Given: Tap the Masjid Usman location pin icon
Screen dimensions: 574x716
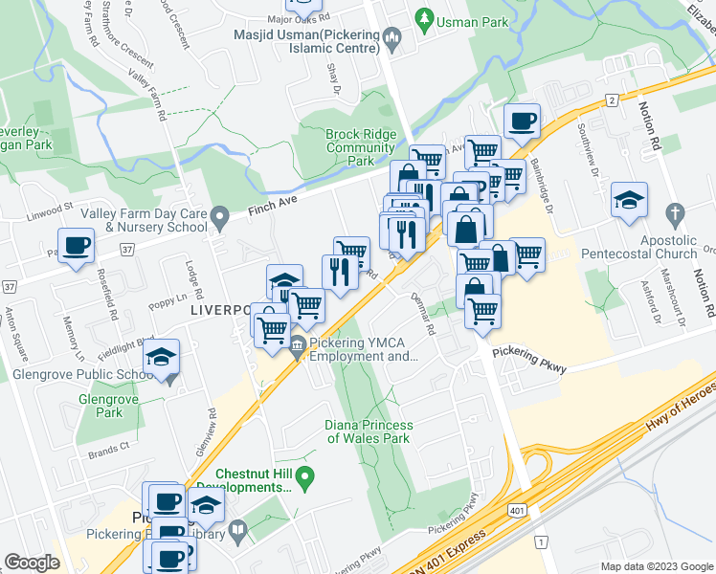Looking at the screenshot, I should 391,37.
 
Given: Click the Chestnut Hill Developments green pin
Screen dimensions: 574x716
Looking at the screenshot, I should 305,475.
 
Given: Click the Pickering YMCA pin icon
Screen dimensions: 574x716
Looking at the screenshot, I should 297,345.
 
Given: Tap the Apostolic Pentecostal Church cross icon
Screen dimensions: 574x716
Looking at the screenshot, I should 674,214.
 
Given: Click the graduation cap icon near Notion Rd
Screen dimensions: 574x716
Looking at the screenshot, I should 629,199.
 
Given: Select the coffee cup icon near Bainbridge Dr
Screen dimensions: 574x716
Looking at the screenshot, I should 522,121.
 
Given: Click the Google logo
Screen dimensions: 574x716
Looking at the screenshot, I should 33,563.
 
